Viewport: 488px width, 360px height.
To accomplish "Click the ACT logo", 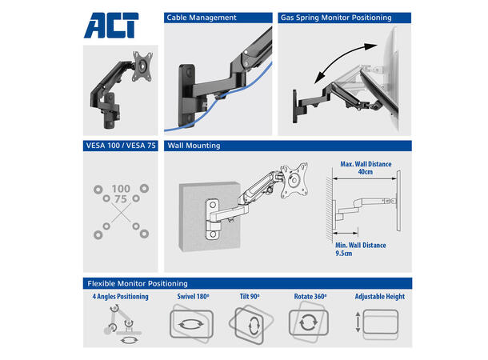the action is tap(111, 26).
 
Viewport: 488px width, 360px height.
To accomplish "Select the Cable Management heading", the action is tap(202, 18).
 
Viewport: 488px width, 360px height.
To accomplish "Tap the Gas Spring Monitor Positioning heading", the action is tap(336, 18).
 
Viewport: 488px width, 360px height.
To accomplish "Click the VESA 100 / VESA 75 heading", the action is tap(121, 146).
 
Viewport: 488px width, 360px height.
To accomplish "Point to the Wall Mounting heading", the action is tap(194, 146).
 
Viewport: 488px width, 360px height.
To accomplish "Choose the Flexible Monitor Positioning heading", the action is tap(138, 283).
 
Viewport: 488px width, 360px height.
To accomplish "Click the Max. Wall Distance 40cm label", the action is tap(366, 168).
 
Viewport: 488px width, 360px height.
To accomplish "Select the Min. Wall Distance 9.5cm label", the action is tap(360, 250).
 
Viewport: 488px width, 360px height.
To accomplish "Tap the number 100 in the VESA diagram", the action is tap(121, 189).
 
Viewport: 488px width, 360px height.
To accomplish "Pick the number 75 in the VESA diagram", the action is tap(121, 199).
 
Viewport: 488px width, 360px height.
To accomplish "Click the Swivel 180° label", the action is tap(193, 297).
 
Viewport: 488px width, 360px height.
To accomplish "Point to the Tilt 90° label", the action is tap(250, 297).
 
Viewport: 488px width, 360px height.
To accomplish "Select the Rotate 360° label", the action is tap(310, 297).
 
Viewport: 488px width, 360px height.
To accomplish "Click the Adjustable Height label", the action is tap(380, 297).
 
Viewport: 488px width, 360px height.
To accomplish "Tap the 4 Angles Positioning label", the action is tap(121, 297).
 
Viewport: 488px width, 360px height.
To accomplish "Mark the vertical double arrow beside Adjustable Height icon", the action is tap(358, 322).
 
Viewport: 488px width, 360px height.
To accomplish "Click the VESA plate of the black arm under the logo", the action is tap(142, 66).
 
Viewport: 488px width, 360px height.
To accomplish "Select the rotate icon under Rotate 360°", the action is tap(309, 322).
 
